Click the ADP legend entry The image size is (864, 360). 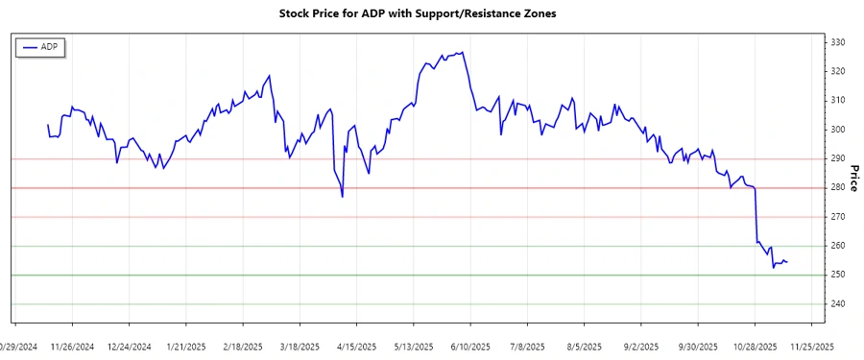coord(41,47)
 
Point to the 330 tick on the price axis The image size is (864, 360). coord(838,42)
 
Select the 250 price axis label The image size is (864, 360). coord(838,276)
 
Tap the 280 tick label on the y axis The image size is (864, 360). coord(838,188)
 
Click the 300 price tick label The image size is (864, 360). coord(838,130)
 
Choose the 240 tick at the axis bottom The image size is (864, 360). coord(838,304)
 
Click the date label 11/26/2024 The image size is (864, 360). coord(72,346)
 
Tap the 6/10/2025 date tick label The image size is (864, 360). coord(470,346)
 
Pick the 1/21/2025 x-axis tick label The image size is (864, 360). coord(186,346)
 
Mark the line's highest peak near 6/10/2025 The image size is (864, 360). coord(463,52)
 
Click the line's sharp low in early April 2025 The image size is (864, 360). coord(343,197)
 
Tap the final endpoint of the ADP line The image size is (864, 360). coord(788,262)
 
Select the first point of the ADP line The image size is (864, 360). coord(48,125)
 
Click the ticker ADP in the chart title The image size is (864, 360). coord(371,13)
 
